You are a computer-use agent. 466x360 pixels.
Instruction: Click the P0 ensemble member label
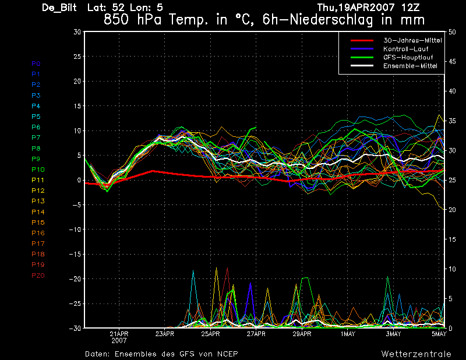point(36,63)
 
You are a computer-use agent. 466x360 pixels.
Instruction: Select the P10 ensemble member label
point(38,170)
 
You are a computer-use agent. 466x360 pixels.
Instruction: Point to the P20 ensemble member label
point(38,276)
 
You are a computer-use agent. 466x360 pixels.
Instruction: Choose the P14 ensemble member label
point(38,212)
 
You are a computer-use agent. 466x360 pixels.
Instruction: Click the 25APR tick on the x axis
point(210,334)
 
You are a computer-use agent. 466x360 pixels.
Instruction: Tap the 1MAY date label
point(348,334)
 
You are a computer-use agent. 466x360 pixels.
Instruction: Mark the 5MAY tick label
point(439,334)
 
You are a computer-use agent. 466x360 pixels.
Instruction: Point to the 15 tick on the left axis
point(77,106)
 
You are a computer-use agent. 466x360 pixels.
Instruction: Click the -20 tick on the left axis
point(75,279)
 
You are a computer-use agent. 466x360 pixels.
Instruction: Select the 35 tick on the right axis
point(452,121)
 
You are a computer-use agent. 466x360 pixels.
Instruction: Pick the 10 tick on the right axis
point(452,269)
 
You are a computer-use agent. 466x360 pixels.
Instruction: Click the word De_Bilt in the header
point(59,8)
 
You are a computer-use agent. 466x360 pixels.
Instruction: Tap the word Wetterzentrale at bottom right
point(416,354)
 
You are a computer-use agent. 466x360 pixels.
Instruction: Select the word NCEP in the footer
point(227,354)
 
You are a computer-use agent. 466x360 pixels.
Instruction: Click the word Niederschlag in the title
point(331,20)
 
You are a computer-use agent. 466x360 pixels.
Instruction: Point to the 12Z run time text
point(411,8)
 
